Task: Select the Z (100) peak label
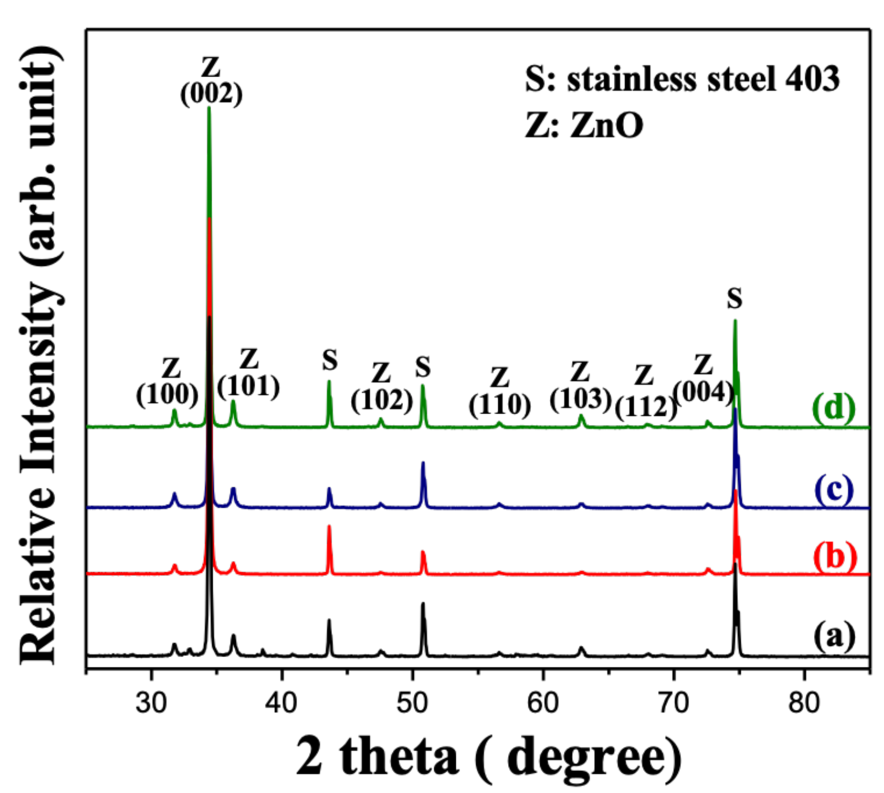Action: [168, 383]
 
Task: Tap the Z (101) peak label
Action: [249, 374]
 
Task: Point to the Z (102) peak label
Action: [381, 388]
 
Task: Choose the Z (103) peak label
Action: [580, 387]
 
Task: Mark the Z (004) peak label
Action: [703, 380]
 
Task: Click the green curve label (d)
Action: [833, 408]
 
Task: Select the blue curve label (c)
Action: [833, 488]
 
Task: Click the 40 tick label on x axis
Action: [282, 703]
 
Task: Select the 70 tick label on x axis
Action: [673, 703]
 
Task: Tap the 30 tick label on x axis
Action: [151, 703]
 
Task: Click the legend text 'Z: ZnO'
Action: [584, 125]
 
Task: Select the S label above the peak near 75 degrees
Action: [735, 299]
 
